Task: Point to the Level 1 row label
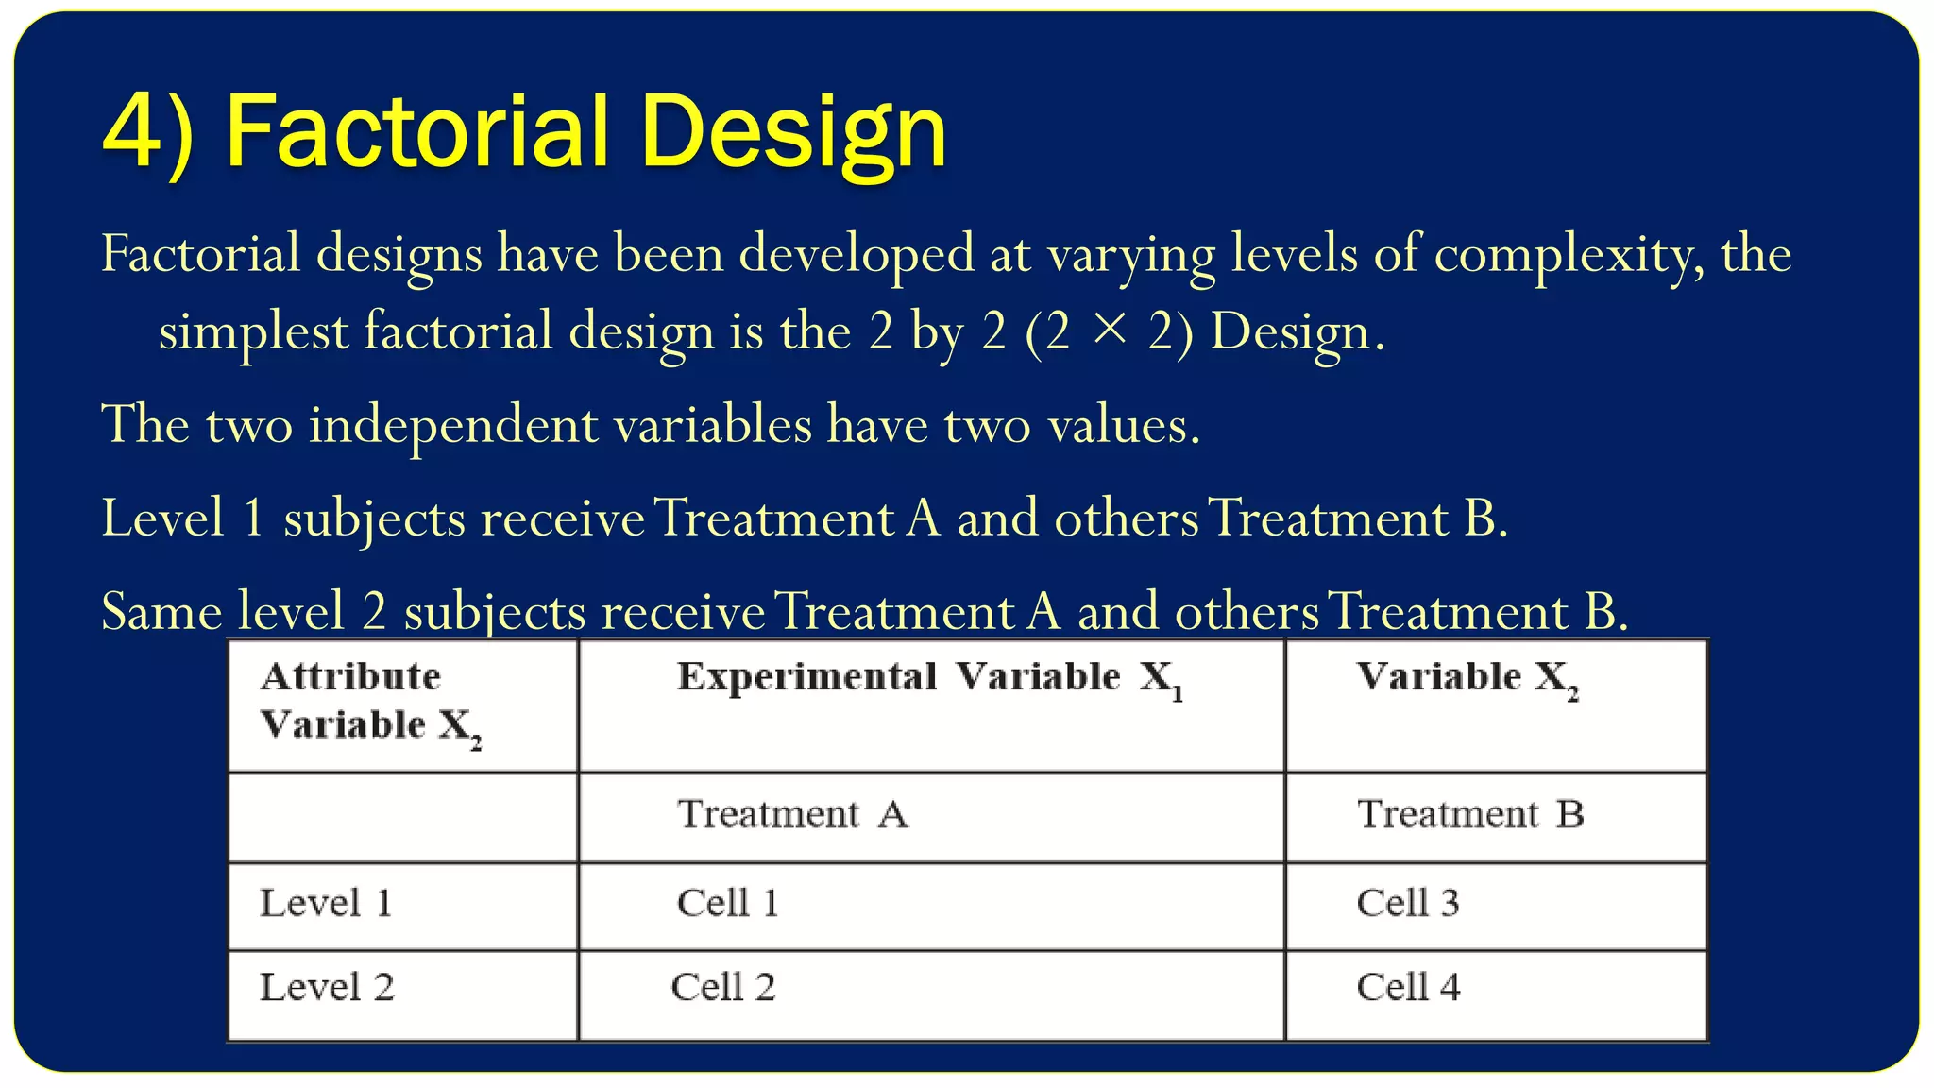coord(326,903)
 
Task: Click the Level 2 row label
coord(327,988)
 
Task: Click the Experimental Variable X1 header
coord(929,678)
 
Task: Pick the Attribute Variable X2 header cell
coord(370,702)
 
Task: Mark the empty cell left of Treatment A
coord(403,817)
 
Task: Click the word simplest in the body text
coord(253,332)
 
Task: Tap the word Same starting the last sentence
coord(161,611)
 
